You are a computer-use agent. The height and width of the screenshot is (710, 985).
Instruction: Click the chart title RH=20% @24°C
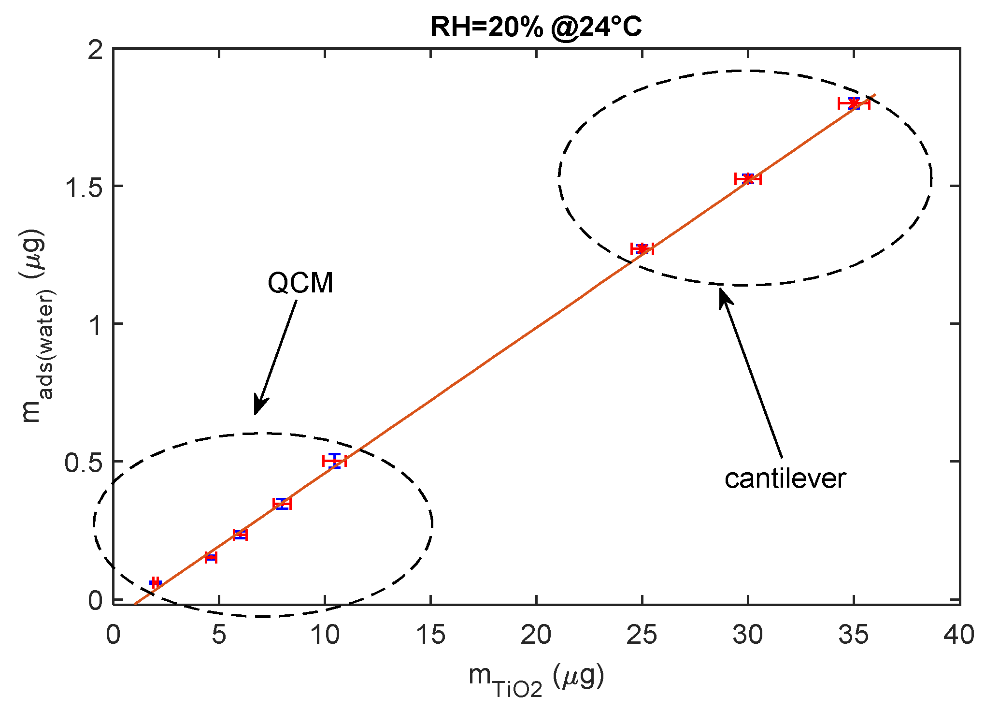pos(536,27)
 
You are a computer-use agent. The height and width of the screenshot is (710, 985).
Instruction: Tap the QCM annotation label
pos(300,283)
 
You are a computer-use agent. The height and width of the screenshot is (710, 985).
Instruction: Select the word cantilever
pos(785,479)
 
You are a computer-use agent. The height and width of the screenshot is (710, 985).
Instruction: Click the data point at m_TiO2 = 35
pos(854,103)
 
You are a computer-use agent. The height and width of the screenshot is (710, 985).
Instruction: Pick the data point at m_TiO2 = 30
pos(748,179)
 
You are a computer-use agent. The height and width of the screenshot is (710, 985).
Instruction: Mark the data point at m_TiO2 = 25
pos(642,249)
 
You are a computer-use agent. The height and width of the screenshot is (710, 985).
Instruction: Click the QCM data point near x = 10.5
pos(335,461)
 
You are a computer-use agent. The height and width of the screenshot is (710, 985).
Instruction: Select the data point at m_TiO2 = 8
pos(282,504)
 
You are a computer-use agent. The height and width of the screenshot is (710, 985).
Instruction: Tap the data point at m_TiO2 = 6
pos(240,535)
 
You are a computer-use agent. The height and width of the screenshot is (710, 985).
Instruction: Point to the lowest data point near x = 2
pos(155,582)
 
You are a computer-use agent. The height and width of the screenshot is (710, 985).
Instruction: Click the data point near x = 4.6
pos(211,557)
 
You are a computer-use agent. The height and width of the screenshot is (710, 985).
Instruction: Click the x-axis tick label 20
pos(536,634)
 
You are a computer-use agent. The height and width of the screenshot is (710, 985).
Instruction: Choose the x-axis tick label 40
pos(959,634)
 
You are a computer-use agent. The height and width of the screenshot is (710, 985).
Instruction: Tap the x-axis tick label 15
pos(430,634)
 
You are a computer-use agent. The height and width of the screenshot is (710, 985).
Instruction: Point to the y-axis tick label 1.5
pos(84,187)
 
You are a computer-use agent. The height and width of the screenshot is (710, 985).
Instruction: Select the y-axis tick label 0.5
pos(84,462)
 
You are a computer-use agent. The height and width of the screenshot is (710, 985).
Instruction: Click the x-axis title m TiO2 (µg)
pos(536,679)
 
